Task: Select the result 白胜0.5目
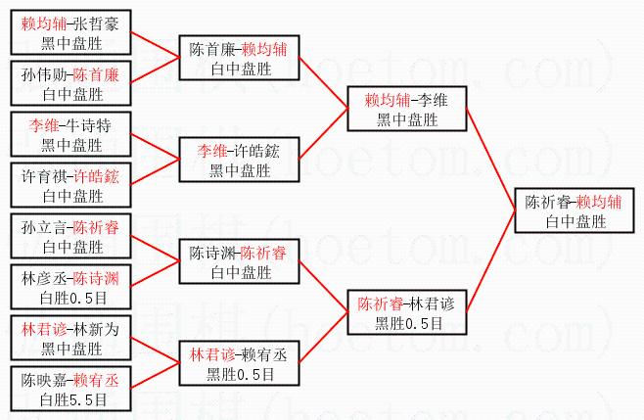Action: click(x=71, y=297)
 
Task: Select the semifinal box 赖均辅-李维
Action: click(x=407, y=109)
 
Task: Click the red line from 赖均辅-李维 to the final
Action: click(x=490, y=153)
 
